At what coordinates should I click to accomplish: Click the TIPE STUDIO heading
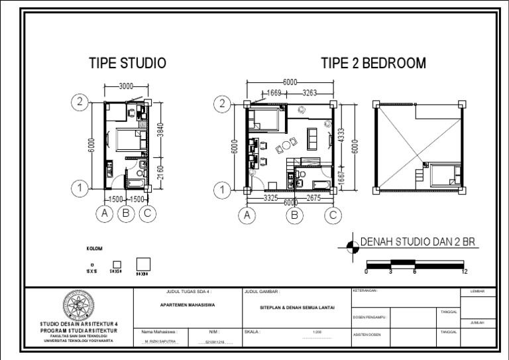tap(127, 64)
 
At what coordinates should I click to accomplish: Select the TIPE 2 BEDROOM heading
tap(374, 64)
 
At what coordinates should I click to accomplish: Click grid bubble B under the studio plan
tap(125, 213)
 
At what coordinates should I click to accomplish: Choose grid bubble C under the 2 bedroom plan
tap(332, 215)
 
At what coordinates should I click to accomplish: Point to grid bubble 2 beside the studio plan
tap(80, 101)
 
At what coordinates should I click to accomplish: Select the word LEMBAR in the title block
tap(477, 292)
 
